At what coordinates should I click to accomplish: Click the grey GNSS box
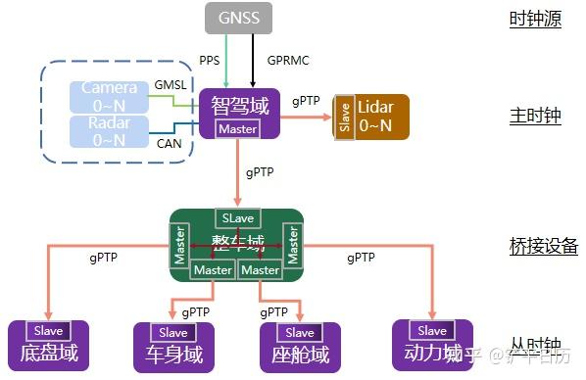pyautogui.click(x=238, y=17)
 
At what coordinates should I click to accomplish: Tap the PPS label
pyautogui.click(x=209, y=60)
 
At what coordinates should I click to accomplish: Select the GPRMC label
pyautogui.click(x=289, y=60)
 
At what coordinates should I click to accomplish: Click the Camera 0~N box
pyautogui.click(x=109, y=96)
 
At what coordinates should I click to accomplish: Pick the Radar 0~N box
pyautogui.click(x=109, y=131)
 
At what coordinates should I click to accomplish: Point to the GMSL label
pyautogui.click(x=171, y=85)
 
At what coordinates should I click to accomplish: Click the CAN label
pyautogui.click(x=170, y=143)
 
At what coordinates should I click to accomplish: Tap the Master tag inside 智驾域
pyautogui.click(x=238, y=129)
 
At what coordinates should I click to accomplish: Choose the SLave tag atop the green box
pyautogui.click(x=236, y=217)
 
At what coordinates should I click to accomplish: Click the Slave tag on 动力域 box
pyautogui.click(x=432, y=330)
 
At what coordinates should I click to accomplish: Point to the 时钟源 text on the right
pyautogui.click(x=535, y=19)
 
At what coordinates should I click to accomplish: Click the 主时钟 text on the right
pyautogui.click(x=535, y=116)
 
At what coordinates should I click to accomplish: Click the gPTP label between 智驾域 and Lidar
pyautogui.click(x=305, y=101)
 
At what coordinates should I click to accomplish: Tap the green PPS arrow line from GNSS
pyautogui.click(x=226, y=60)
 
